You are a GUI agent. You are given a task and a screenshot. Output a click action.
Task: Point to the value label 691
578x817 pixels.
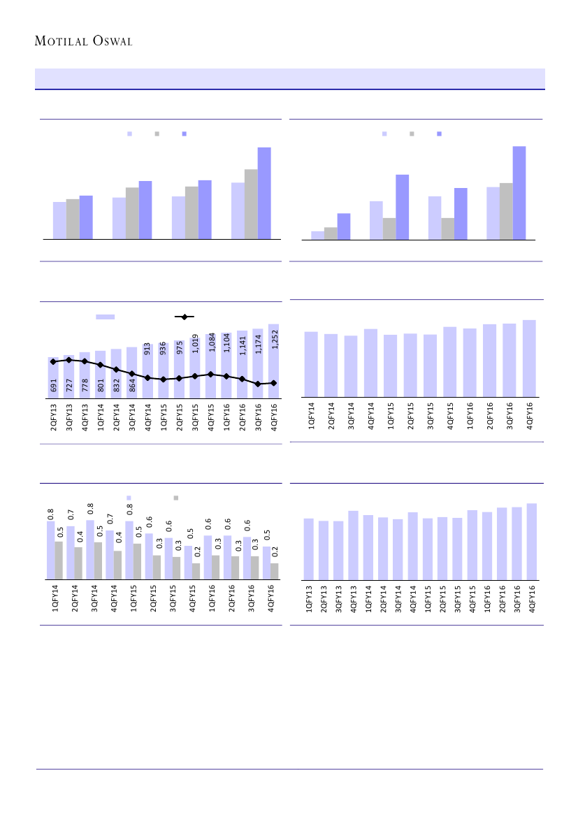click(53, 385)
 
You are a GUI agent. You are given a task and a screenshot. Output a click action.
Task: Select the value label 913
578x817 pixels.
click(147, 349)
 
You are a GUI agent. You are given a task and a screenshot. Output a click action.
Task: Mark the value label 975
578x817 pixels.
click(179, 347)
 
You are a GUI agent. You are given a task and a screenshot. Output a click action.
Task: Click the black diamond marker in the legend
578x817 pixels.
click(185, 317)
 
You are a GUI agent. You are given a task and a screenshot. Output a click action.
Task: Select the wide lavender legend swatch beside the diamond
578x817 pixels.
click(105, 317)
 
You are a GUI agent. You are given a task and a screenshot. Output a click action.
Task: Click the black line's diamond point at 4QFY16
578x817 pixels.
click(274, 382)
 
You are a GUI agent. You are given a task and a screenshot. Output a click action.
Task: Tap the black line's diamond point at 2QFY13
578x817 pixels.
click(53, 361)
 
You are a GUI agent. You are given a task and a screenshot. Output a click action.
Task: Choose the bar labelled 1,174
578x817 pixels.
click(258, 363)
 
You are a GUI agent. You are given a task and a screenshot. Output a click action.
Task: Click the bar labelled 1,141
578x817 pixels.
click(242, 364)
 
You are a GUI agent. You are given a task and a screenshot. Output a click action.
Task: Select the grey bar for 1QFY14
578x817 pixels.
click(59, 560)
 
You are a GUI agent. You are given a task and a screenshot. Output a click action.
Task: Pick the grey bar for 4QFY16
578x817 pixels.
click(275, 571)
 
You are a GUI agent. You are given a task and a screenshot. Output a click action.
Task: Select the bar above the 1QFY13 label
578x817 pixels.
click(309, 549)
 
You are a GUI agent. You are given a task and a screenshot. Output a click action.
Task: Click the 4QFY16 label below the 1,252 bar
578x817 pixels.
click(274, 419)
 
